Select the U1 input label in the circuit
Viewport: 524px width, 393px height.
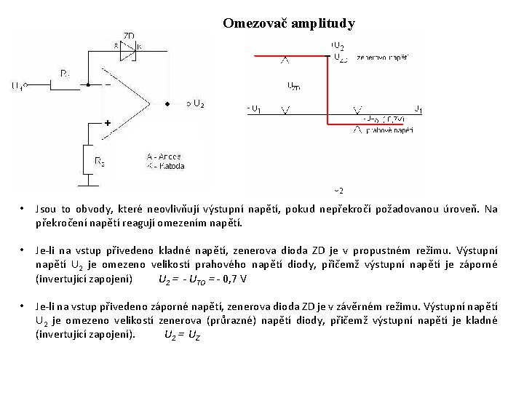(x=17, y=86)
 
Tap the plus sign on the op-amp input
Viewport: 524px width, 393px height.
(x=107, y=124)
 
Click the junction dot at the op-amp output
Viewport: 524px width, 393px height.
(x=167, y=103)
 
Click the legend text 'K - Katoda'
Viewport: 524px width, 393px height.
(x=165, y=166)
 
